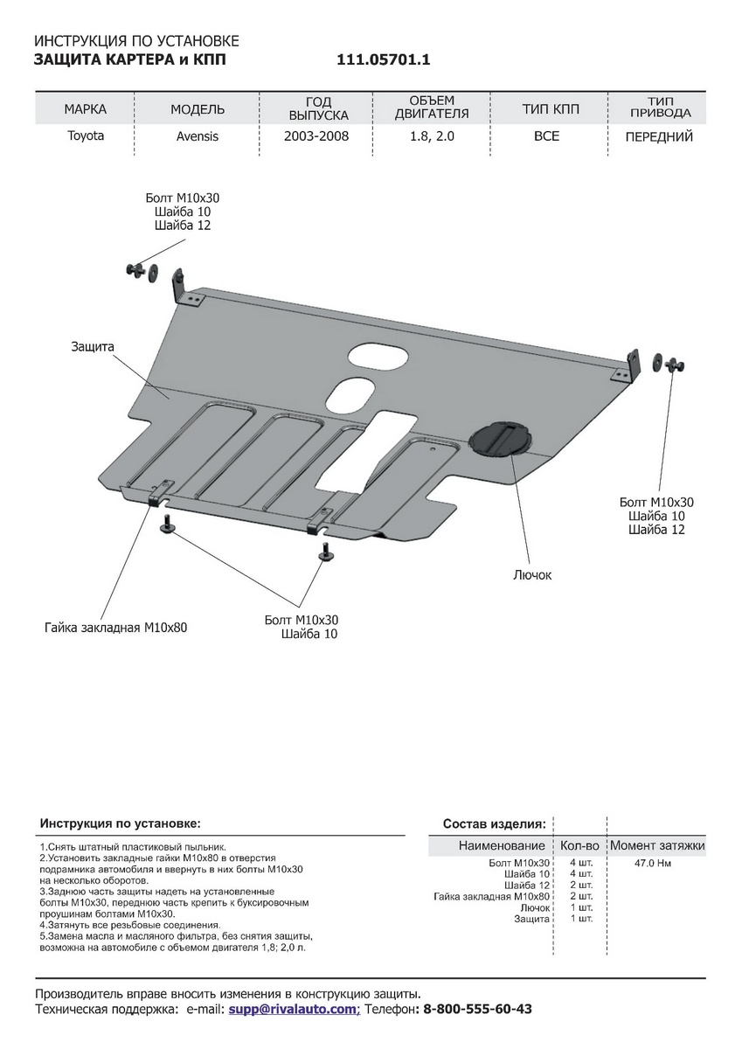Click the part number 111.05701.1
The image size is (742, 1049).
pyautogui.click(x=384, y=60)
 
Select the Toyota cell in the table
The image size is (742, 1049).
pyautogui.click(x=86, y=136)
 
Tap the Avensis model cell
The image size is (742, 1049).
pyautogui.click(x=198, y=136)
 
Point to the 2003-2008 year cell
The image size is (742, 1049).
pyautogui.click(x=316, y=136)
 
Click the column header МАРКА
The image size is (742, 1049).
pyautogui.click(x=86, y=109)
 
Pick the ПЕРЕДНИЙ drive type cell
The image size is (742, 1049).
pyautogui.click(x=659, y=136)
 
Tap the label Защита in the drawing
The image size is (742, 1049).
pyautogui.click(x=93, y=347)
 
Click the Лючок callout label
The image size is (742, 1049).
pyautogui.click(x=533, y=575)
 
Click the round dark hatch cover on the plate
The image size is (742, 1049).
pyautogui.click(x=501, y=437)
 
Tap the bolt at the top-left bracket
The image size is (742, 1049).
pyautogui.click(x=135, y=269)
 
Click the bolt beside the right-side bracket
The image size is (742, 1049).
pyautogui.click(x=674, y=365)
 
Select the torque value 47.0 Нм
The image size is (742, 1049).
pyautogui.click(x=654, y=864)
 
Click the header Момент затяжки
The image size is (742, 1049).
pyautogui.click(x=656, y=845)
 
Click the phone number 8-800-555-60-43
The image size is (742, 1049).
pyautogui.click(x=477, y=1009)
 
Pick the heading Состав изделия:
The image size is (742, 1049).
pyautogui.click(x=494, y=823)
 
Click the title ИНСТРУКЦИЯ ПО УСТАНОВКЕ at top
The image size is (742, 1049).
pyautogui.click(x=135, y=41)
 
